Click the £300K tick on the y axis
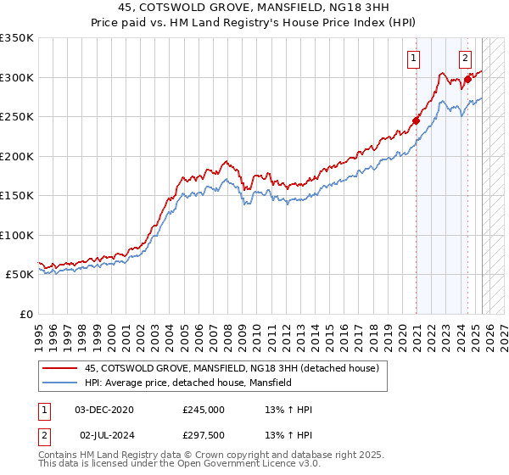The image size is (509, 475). (x=17, y=77)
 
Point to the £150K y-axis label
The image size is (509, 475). (x=17, y=196)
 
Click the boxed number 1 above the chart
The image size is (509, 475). (x=413, y=59)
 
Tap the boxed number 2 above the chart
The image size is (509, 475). (x=466, y=59)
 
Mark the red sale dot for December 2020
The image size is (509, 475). (x=417, y=120)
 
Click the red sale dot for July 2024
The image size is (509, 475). (x=467, y=79)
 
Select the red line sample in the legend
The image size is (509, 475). (x=59, y=368)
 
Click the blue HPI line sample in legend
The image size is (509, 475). (x=59, y=383)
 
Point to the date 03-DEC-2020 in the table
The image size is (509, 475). (x=104, y=410)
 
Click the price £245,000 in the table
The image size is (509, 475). (x=204, y=410)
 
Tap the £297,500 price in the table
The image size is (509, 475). (x=204, y=435)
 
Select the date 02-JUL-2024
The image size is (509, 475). (x=105, y=435)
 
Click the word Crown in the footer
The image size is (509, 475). (x=200, y=455)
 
